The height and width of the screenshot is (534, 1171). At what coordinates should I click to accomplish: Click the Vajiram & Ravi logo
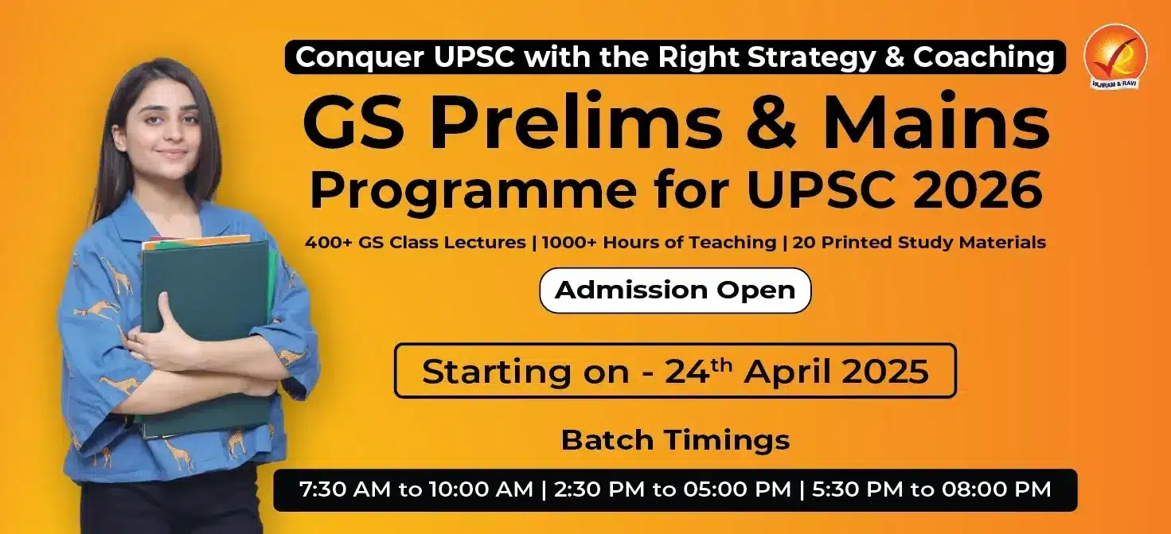[1115, 57]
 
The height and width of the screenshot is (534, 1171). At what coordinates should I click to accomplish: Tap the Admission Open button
[675, 290]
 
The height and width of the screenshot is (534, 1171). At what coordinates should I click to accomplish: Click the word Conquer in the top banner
[360, 57]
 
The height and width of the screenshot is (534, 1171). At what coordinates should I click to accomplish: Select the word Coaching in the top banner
[984, 57]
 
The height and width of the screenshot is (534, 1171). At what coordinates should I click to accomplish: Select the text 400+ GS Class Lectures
[415, 243]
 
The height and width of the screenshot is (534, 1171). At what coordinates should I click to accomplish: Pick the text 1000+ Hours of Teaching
[658, 243]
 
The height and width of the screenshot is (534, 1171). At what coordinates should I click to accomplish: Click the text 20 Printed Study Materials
[919, 243]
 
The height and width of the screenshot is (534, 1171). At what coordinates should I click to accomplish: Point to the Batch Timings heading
[675, 440]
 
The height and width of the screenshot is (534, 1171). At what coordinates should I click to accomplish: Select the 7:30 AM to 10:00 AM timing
[416, 489]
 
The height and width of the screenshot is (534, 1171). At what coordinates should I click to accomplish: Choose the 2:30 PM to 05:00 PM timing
[673, 489]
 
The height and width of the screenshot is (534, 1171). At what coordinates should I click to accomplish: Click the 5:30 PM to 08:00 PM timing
[931, 489]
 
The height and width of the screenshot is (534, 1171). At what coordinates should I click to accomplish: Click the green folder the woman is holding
[206, 334]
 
